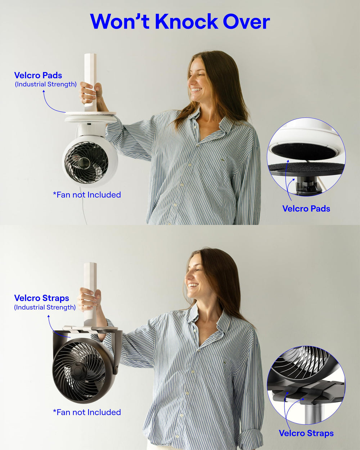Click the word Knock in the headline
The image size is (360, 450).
coord(186,22)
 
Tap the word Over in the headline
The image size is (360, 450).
coord(247,22)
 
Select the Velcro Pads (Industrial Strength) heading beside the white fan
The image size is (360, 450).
coord(45,79)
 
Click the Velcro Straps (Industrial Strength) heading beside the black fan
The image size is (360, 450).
coord(45,302)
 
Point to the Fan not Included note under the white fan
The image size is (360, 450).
coord(87,195)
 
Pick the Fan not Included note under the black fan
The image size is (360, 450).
coord(87,412)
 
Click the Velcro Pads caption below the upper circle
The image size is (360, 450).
coord(306,208)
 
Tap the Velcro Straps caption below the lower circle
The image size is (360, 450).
coord(306,433)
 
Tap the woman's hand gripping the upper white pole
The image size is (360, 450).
coord(90,93)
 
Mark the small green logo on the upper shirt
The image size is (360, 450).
coord(224,160)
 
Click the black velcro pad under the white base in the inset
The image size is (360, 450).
coord(304,151)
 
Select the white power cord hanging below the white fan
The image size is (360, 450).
coord(83,205)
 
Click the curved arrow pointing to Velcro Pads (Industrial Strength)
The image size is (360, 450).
coord(51,104)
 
